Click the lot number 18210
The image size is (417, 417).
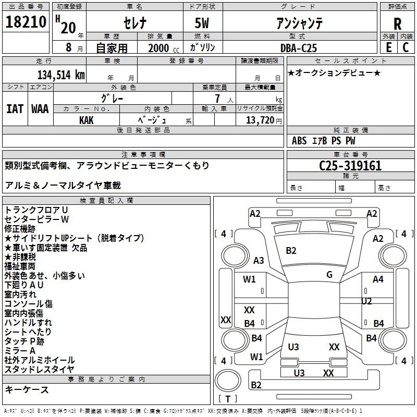(26, 22)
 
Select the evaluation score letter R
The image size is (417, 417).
(397, 24)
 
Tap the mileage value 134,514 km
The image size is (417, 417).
(61, 75)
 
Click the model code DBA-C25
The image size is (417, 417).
(299, 48)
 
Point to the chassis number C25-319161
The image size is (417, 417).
(350, 166)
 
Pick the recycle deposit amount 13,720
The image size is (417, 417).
(260, 120)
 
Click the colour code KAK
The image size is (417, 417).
(86, 120)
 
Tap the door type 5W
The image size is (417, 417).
(202, 23)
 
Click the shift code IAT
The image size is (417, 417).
(15, 109)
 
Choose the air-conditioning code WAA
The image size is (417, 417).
(40, 109)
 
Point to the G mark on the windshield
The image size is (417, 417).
(329, 275)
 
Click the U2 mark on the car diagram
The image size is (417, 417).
(366, 301)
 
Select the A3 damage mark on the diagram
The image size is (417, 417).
(259, 260)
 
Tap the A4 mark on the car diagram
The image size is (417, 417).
(378, 279)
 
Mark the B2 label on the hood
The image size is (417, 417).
(291, 251)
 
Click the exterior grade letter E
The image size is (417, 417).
(388, 47)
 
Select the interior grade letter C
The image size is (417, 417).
(406, 47)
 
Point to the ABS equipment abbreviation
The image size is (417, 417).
(299, 141)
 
